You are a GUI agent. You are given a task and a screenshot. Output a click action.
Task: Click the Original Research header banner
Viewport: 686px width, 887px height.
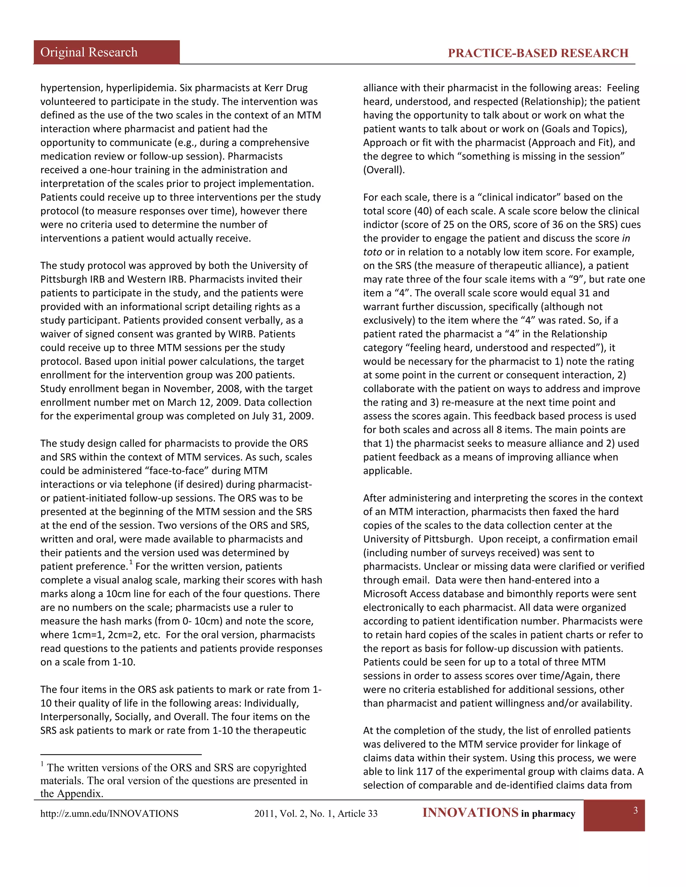[x=106, y=53]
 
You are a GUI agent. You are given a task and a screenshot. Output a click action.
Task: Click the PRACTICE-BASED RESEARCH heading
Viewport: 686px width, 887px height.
[x=538, y=53]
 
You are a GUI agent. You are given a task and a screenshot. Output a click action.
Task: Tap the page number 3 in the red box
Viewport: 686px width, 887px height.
[x=635, y=810]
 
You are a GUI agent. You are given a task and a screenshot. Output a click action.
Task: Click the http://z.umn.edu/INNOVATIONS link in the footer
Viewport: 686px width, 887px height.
[x=109, y=813]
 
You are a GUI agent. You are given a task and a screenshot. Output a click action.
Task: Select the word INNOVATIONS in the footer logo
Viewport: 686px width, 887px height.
[x=470, y=813]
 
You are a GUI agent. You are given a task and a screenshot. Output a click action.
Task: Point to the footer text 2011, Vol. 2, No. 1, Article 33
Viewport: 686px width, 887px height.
[x=316, y=813]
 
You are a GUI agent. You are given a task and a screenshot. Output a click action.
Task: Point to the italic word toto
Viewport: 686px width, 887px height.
[x=372, y=252]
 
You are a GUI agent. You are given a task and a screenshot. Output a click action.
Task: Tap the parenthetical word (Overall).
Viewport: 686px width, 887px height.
[x=384, y=170]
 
